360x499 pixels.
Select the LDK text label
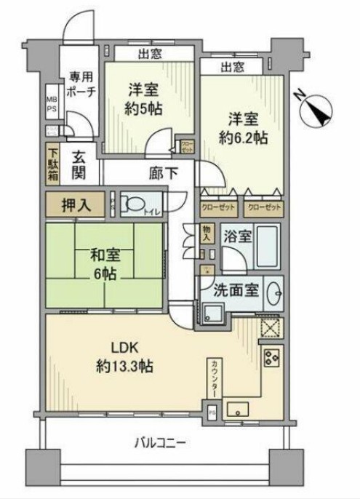tap(116, 346)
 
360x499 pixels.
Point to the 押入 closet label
tap(76, 205)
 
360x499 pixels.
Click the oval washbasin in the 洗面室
tap(274, 295)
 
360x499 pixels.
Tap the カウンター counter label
tap(215, 377)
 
